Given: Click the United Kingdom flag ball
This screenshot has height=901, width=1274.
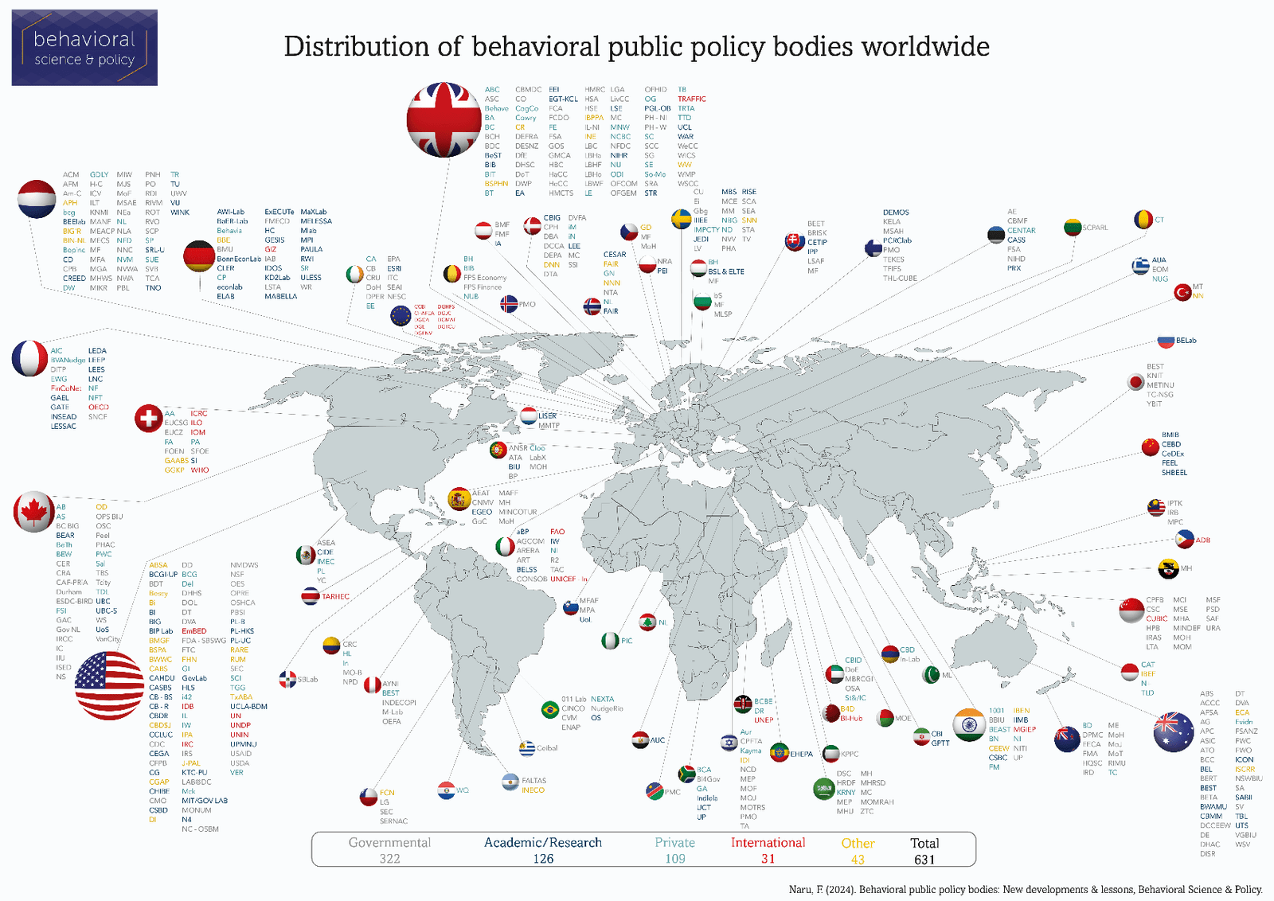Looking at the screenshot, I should coord(444,119).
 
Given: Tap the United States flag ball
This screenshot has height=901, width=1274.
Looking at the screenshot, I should coord(109,685).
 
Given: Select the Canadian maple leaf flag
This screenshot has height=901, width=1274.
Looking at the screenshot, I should coord(33,512).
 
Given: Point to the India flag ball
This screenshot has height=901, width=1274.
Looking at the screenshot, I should coord(969,724).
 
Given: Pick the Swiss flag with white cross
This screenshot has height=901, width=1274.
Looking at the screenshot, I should coord(148,418).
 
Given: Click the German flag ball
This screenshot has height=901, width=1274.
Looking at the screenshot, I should coord(198,256).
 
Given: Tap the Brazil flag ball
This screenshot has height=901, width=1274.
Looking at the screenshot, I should coord(549,709).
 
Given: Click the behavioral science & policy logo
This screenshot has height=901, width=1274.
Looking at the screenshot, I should coord(84,48).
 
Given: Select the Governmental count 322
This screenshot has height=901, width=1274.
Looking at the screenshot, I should coord(389,859).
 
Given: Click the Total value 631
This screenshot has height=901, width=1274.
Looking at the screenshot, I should coord(924,860).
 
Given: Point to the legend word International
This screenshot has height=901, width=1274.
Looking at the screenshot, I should coord(768,843).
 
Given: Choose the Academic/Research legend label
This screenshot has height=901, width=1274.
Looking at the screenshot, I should coord(543,843).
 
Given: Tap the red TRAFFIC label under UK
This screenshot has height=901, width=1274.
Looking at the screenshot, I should coord(691,99).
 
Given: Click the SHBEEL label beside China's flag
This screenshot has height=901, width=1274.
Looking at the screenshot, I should coord(1174,473).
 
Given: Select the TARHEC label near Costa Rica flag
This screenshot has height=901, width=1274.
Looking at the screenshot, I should coord(335,596).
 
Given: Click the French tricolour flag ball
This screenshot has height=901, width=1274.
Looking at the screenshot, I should coord(29,358).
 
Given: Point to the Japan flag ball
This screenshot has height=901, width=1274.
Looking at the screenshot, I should coord(1135,382).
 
